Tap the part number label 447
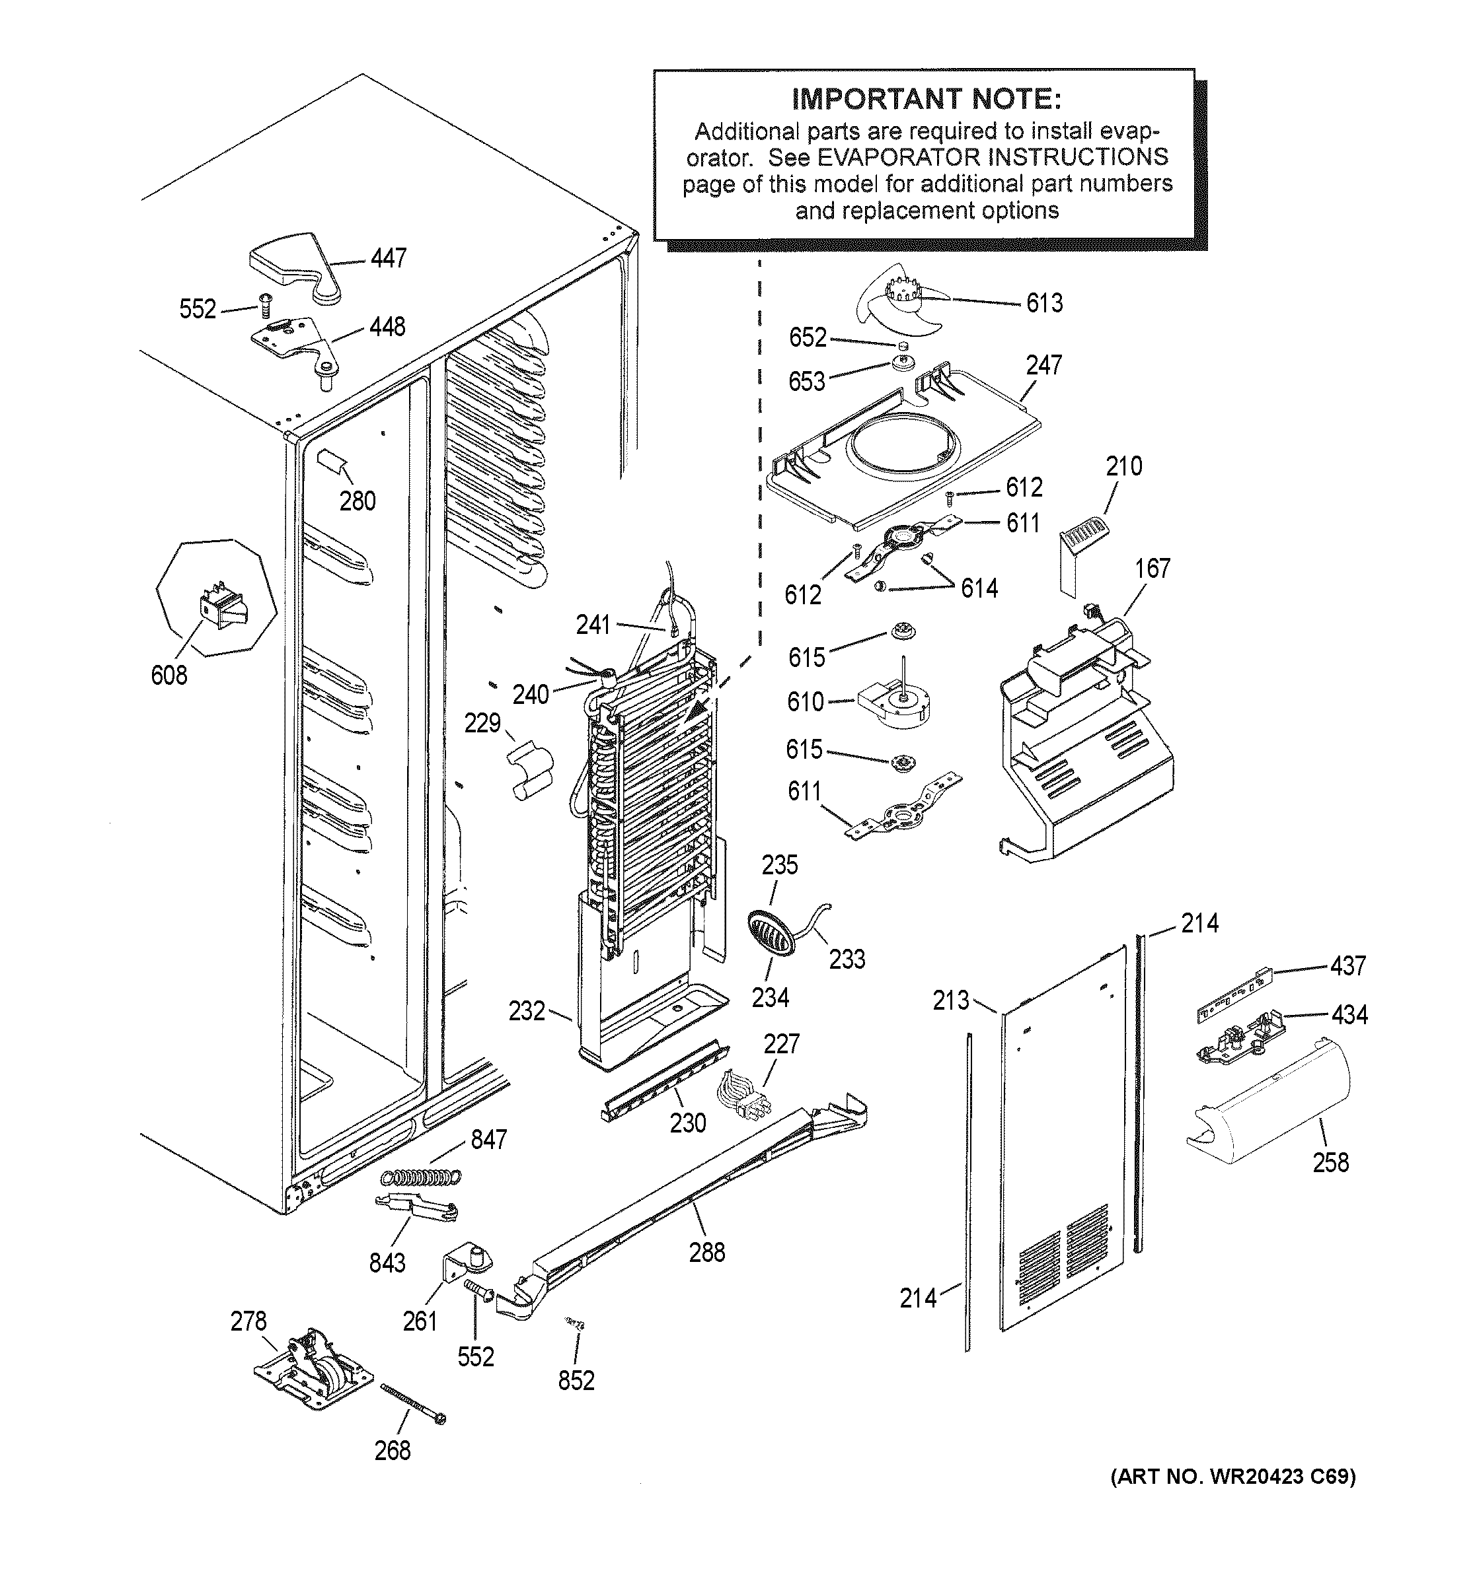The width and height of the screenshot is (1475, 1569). pos(389,258)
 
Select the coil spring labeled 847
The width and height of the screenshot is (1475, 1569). pos(421,1177)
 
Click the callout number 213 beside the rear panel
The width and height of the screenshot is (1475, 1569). pos(951,1000)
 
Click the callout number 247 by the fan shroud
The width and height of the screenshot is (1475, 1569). pos(1043,365)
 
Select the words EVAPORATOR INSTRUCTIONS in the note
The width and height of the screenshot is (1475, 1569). pos(992,157)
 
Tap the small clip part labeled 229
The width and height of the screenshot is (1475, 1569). pos(527,769)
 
